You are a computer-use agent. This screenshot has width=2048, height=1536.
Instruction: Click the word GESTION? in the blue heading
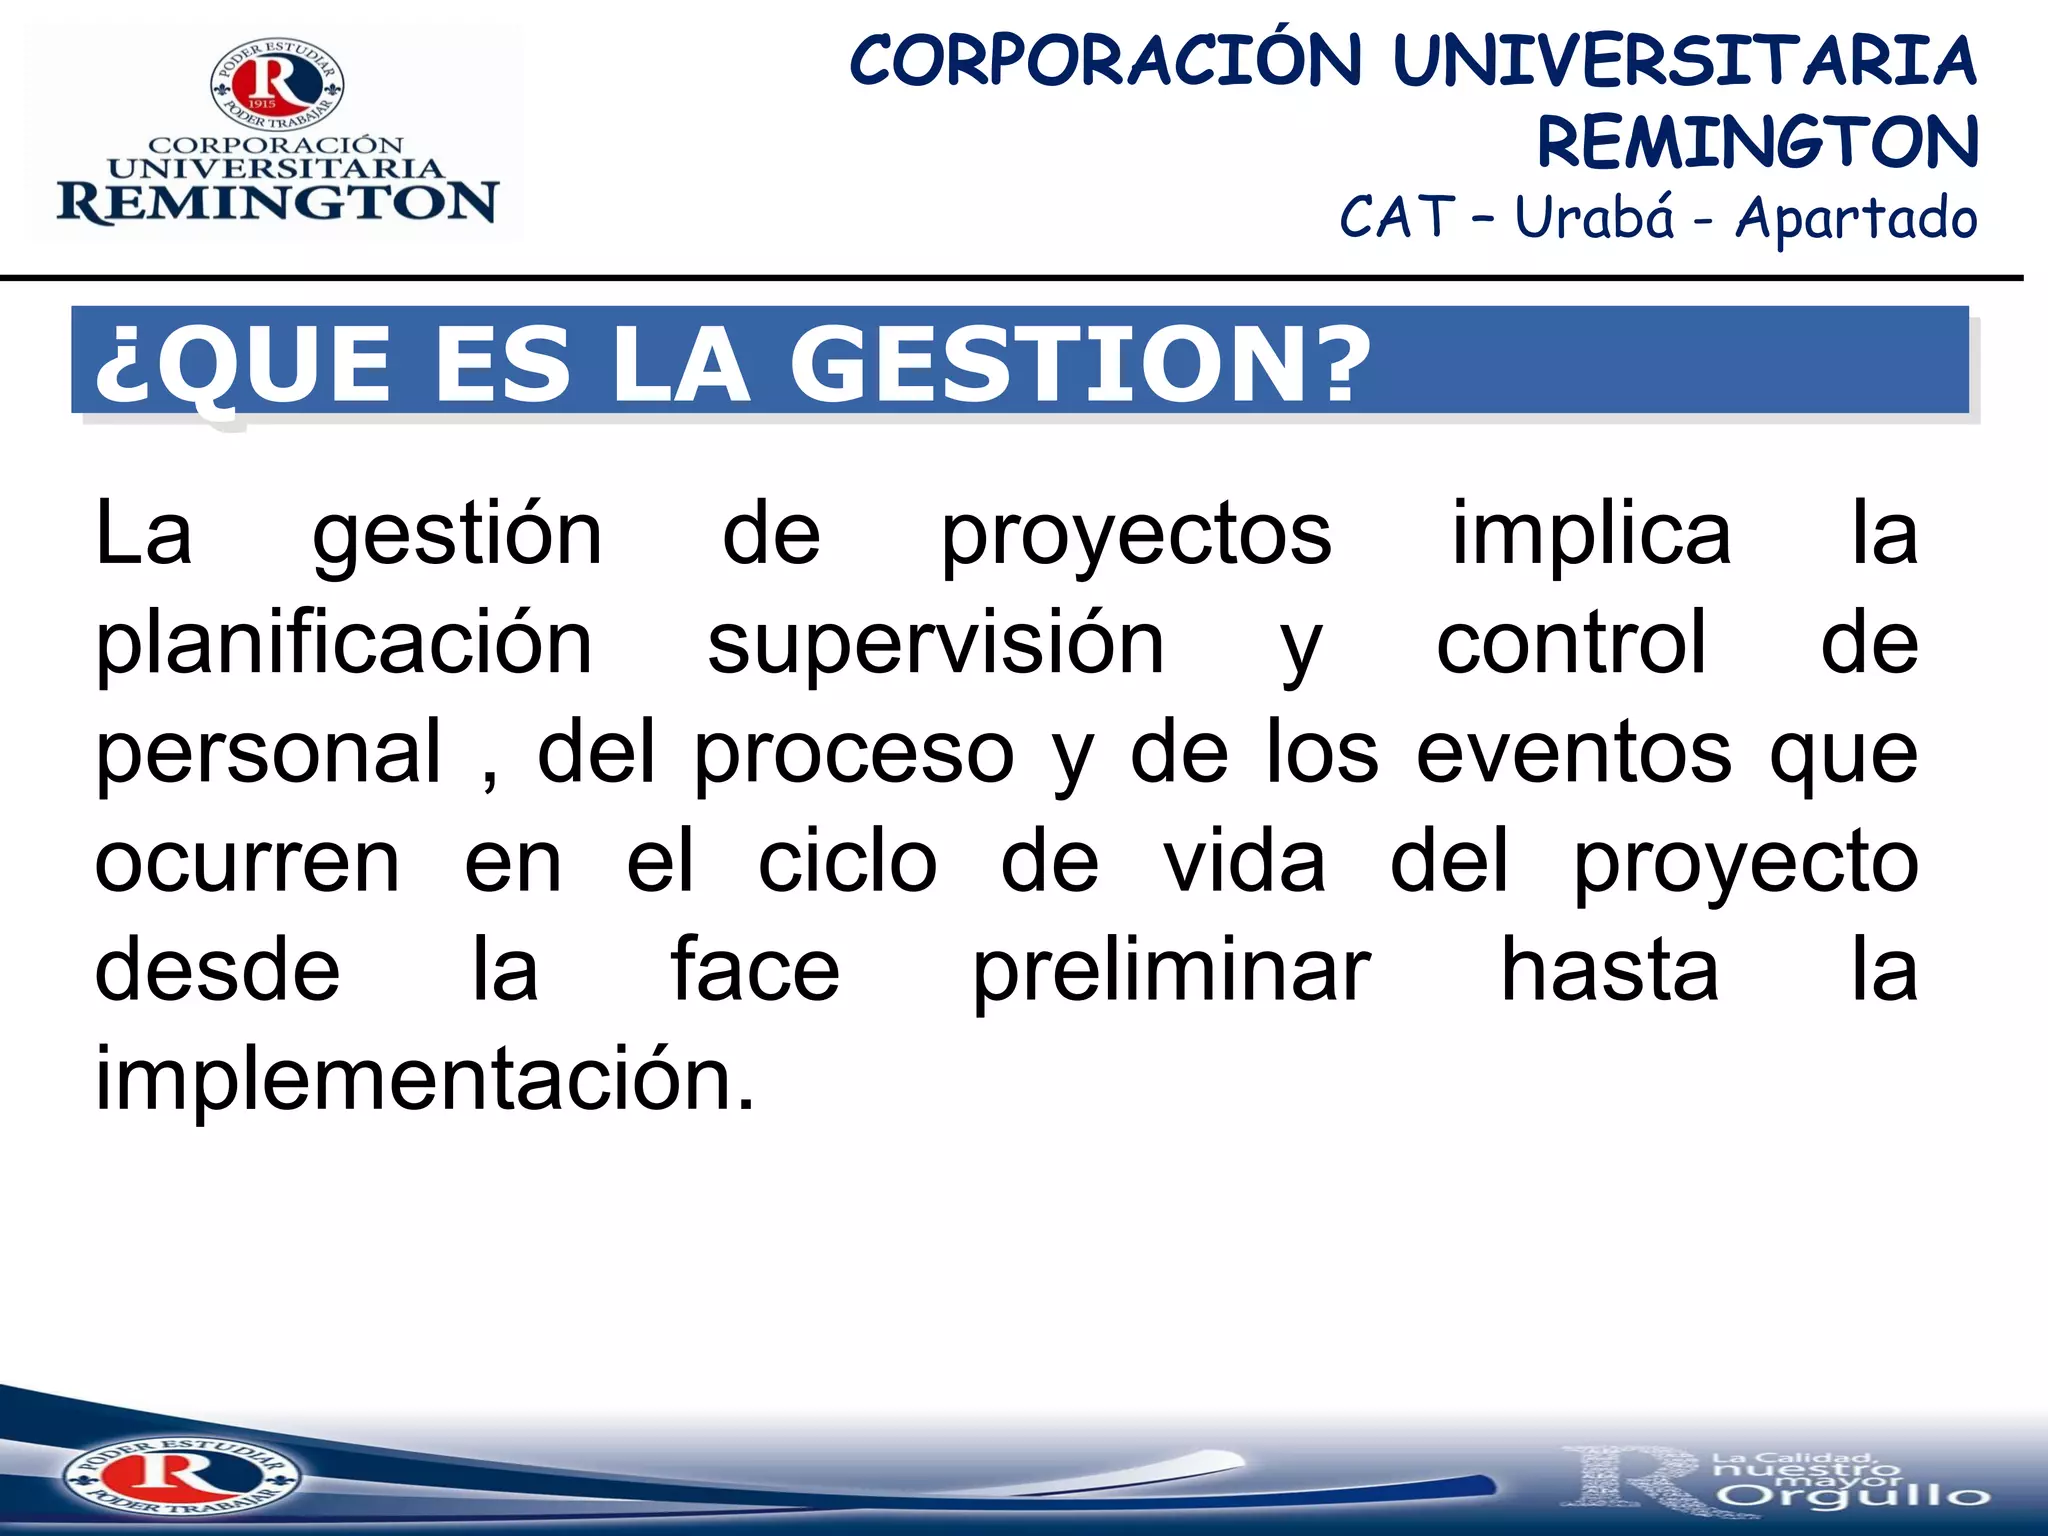[1080, 365]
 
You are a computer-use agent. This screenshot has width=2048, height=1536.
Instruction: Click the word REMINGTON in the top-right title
[1757, 142]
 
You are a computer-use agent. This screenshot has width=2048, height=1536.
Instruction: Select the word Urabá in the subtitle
[1594, 217]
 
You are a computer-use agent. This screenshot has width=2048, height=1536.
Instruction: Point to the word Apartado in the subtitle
[1856, 219]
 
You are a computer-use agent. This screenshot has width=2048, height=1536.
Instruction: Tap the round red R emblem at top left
[277, 84]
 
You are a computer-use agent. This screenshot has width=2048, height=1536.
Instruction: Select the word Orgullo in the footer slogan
[1855, 1495]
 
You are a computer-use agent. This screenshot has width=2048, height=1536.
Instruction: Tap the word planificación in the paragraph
[344, 645]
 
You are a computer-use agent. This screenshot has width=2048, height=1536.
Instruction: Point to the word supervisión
[935, 645]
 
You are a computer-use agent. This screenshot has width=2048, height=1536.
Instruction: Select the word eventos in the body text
[1573, 753]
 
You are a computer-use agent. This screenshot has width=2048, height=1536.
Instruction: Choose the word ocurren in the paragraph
[247, 862]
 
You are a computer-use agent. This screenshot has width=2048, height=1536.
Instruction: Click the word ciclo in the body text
[847, 862]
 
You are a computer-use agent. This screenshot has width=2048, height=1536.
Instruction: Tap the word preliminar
[1171, 972]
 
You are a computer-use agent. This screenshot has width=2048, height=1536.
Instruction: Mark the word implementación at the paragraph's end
[425, 1080]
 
